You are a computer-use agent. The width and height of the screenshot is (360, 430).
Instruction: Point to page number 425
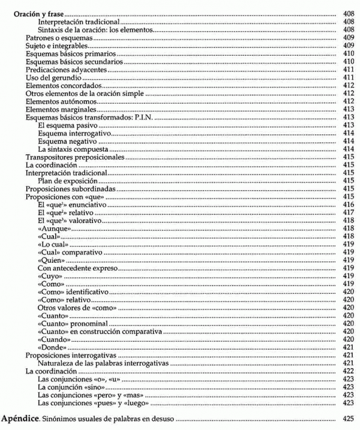click(348, 417)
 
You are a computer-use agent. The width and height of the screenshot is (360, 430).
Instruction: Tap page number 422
click(348, 372)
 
